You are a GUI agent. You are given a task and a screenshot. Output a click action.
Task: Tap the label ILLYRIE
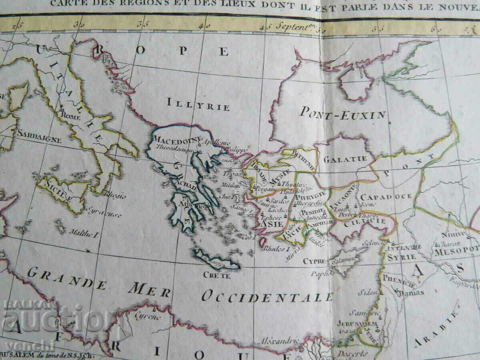198,104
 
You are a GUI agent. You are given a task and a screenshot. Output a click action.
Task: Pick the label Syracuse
104,212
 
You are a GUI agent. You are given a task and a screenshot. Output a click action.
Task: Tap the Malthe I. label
84,232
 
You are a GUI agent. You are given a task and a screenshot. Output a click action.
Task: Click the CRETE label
217,275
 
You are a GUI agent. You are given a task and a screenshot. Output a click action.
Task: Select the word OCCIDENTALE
267,296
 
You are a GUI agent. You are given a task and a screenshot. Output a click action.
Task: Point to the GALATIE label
345,159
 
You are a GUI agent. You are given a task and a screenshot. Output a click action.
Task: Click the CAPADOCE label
386,197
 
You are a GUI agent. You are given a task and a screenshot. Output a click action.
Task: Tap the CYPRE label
314,261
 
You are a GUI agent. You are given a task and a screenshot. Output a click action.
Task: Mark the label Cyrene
148,316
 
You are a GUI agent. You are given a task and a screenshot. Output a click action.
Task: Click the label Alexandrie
280,341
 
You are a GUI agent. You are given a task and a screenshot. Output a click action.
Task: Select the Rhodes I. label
276,248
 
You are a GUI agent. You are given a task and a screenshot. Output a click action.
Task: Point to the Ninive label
454,234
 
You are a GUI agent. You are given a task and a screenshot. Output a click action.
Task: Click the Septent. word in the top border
291,28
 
